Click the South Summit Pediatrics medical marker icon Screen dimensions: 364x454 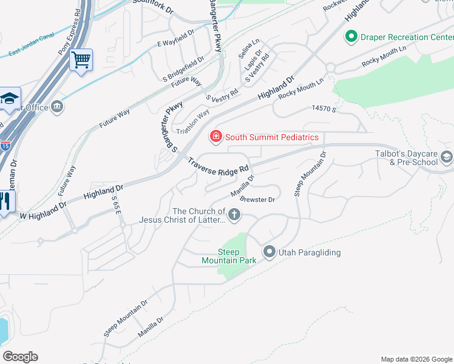tap(215, 136)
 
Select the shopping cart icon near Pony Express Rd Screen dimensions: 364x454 tap(81, 60)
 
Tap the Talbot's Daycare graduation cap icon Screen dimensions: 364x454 tap(447, 158)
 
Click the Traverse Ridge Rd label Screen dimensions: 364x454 tap(219, 165)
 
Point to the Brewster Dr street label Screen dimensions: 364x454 tap(258, 199)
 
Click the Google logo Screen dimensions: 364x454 tap(20, 357)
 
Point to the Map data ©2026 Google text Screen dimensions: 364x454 tap(416, 359)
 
